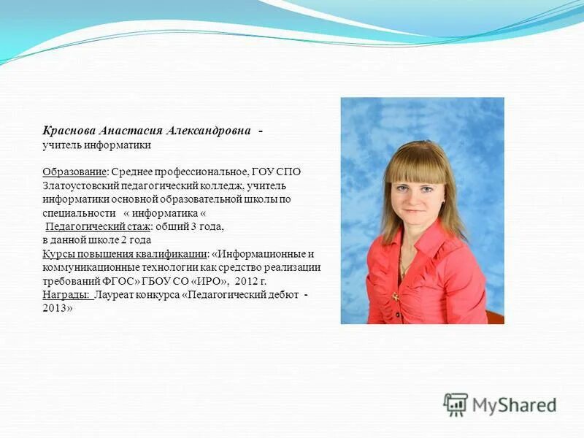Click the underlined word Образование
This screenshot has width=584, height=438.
(x=74, y=172)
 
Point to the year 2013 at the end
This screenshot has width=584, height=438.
(x=55, y=308)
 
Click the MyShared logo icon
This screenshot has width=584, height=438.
(x=456, y=404)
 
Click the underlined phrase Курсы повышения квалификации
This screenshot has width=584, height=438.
(x=124, y=254)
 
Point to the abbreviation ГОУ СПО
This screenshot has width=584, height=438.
(x=276, y=172)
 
